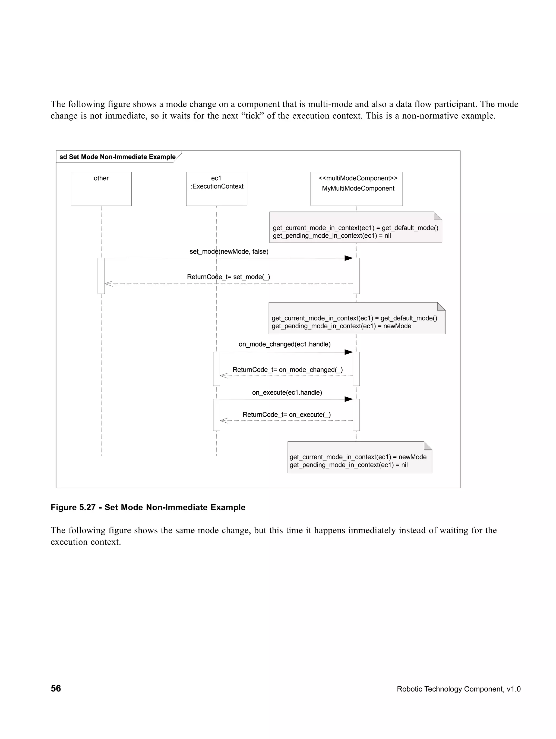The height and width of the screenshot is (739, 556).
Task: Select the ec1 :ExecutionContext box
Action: pyautogui.click(x=216, y=189)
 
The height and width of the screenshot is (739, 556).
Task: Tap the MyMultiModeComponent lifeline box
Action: pyautogui.click(x=356, y=189)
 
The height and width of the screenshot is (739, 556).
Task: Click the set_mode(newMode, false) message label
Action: pyautogui.click(x=229, y=251)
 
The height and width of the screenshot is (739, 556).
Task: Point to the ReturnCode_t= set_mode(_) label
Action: pyautogui.click(x=228, y=277)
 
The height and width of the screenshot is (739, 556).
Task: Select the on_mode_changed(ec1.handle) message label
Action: pyautogui.click(x=285, y=344)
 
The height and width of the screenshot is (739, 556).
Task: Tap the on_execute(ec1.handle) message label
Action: pyautogui.click(x=287, y=392)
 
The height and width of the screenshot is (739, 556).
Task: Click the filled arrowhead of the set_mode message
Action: pyautogui.click(x=349, y=258)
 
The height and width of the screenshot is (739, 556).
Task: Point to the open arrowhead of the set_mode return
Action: pyautogui.click(x=108, y=284)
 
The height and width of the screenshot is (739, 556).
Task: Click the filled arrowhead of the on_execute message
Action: pyautogui.click(x=349, y=399)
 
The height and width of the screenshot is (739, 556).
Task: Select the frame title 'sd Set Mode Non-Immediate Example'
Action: pyautogui.click(x=118, y=157)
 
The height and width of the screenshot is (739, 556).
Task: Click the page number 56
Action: pyautogui.click(x=56, y=688)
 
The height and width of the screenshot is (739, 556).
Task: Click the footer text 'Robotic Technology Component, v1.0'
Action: pyautogui.click(x=459, y=689)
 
